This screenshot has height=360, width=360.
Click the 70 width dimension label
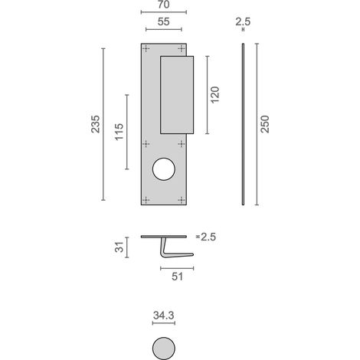coord(164,4)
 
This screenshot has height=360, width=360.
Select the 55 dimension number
coord(164,21)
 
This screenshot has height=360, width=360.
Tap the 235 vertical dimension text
coord(96,124)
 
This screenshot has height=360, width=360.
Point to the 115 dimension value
coord(119,132)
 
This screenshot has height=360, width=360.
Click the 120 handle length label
coord(215,95)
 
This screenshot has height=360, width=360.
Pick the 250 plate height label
coord(265,124)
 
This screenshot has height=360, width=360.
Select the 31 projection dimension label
coord(119,247)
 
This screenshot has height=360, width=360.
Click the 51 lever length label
coord(177,277)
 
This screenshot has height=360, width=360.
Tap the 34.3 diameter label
coord(164,316)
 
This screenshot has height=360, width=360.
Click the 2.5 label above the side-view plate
coord(243,21)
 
